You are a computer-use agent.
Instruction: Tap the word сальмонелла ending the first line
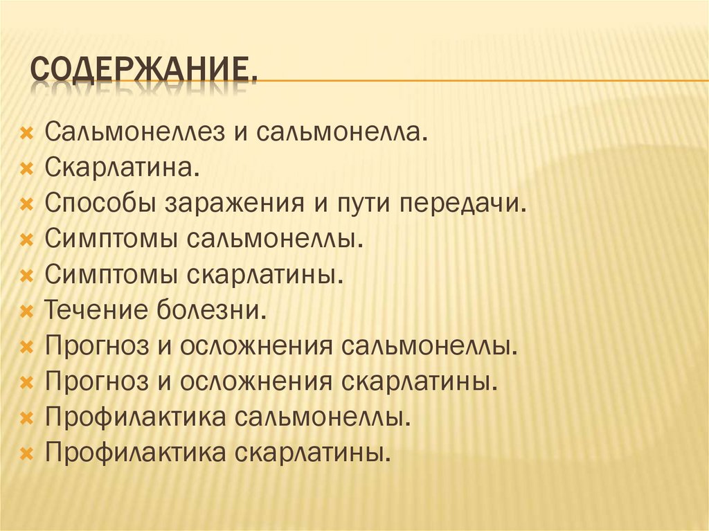pos(342,131)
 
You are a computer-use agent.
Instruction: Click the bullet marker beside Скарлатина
pos(27,168)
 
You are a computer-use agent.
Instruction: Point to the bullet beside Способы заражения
pos(27,204)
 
